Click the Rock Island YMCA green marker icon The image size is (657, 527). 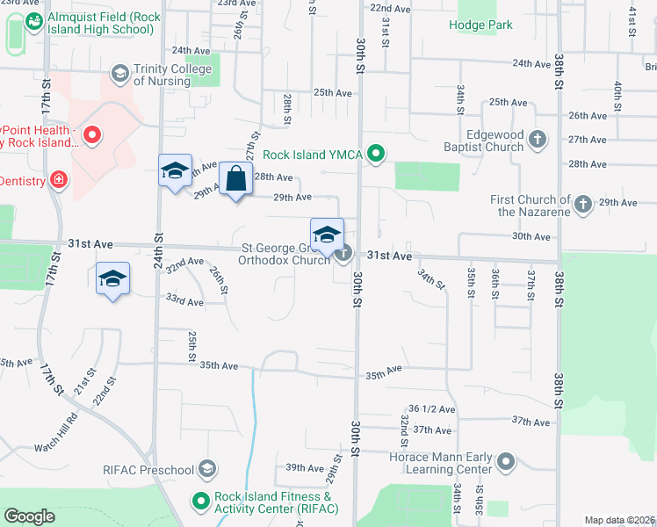[377, 155]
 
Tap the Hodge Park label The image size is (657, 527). [480, 25]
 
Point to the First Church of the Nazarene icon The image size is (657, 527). [581, 206]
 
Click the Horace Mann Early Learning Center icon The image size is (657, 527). [505, 461]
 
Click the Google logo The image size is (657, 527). [30, 516]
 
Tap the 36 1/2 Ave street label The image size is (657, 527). [432, 409]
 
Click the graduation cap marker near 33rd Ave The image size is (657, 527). [112, 279]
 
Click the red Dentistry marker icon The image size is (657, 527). [59, 180]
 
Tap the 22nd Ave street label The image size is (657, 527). [390, 8]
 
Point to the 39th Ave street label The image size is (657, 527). [304, 468]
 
